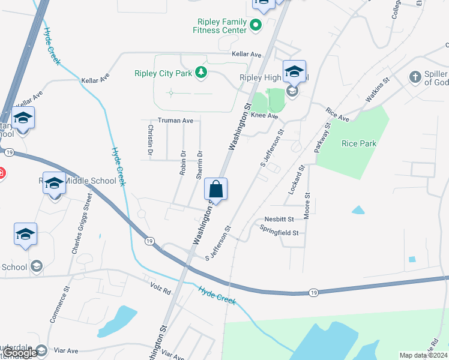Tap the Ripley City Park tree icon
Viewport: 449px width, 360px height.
(x=201, y=73)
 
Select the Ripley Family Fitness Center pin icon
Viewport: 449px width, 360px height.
(x=256, y=25)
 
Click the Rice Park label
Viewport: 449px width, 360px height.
(x=358, y=143)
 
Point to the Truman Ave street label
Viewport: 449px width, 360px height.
(x=175, y=121)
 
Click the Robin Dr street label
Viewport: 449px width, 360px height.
(x=183, y=162)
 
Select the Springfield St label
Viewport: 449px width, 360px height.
(x=279, y=230)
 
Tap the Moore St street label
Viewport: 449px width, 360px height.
(x=307, y=206)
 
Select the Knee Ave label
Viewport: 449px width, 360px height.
(x=265, y=115)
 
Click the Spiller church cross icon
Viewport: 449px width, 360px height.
(x=414, y=77)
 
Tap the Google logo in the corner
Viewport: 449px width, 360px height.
(x=20, y=353)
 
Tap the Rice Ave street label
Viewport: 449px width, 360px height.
(x=338, y=115)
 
